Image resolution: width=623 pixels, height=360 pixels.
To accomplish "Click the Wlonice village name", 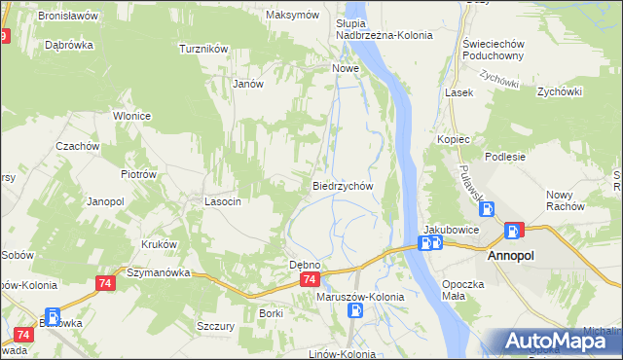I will click(x=131, y=116).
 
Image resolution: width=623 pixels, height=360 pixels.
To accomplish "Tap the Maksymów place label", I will click(x=293, y=16).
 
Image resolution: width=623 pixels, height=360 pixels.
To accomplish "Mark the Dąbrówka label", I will click(x=68, y=45).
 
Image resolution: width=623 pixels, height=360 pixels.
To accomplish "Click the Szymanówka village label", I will click(x=156, y=273).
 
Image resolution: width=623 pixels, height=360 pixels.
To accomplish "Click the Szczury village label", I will click(x=215, y=327).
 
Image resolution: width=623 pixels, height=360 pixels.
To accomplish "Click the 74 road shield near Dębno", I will click(x=309, y=280).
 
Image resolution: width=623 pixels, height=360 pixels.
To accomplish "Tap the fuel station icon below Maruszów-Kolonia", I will click(x=357, y=311).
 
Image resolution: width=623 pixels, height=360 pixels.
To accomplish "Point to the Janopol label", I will click(x=105, y=201).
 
